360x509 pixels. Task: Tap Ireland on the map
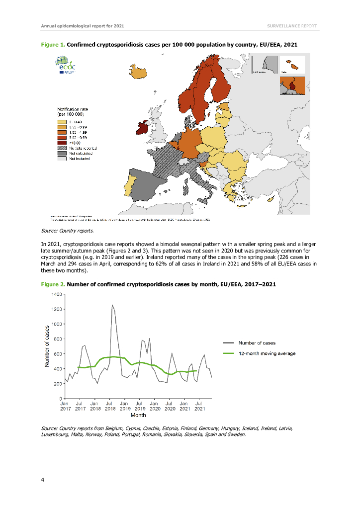click(x=143, y=129)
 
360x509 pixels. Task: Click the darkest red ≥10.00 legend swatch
click(x=62, y=143)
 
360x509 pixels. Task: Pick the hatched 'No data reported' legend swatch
click(x=62, y=148)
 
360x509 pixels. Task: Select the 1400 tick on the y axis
click(x=56, y=295)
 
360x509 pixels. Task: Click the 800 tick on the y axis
click(x=57, y=339)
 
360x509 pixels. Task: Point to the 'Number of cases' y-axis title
click(x=46, y=346)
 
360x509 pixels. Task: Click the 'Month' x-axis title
click(x=138, y=415)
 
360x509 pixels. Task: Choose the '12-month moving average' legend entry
click(x=267, y=353)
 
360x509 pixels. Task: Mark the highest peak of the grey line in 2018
click(x=112, y=305)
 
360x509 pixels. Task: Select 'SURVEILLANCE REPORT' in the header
click(x=292, y=25)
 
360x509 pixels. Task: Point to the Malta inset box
click(x=292, y=65)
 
